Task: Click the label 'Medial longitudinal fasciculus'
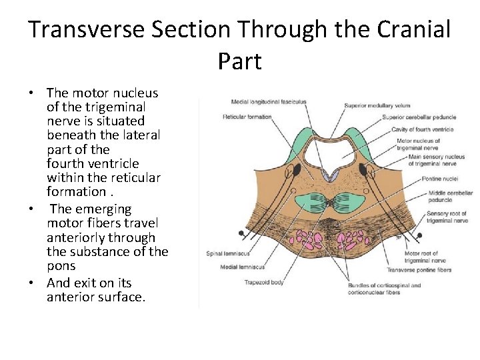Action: (268, 102)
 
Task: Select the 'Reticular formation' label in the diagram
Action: (247, 117)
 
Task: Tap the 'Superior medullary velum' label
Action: (377, 105)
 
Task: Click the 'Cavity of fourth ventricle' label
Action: (422, 129)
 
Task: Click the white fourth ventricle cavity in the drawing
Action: (326, 152)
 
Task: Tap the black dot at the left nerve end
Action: (241, 233)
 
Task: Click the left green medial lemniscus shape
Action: (311, 202)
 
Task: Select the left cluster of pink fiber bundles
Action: (307, 240)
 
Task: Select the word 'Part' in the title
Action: (239, 61)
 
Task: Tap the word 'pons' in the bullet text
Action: (61, 265)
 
